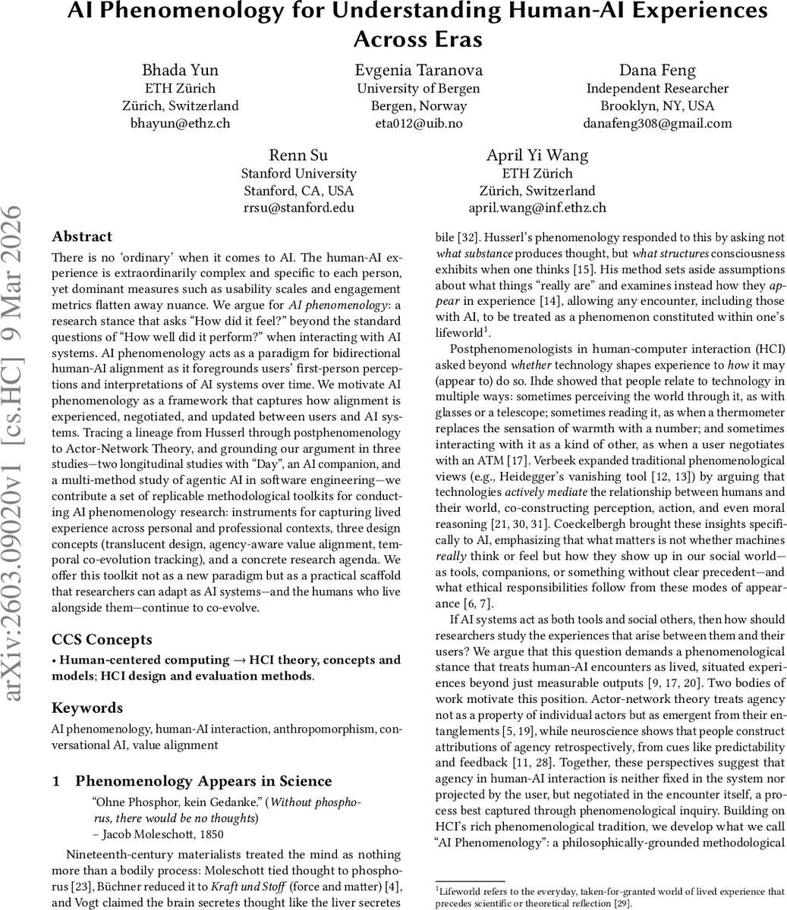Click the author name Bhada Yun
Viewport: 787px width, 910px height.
tap(180, 71)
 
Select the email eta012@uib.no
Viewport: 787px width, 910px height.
tap(418, 123)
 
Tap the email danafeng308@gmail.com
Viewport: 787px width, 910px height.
tap(657, 123)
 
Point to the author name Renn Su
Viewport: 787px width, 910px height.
tap(298, 155)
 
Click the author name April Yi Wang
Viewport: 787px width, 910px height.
tap(537, 155)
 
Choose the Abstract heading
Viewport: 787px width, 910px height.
tap(82, 237)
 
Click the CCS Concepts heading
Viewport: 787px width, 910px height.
tap(102, 639)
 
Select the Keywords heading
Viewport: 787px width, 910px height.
tap(87, 708)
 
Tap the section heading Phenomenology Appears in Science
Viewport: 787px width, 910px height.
tap(203, 781)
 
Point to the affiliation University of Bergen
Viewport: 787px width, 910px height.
tap(418, 88)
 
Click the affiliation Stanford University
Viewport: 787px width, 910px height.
tap(298, 174)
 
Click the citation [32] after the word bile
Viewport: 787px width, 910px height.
tap(462, 236)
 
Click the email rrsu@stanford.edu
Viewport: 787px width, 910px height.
tap(298, 208)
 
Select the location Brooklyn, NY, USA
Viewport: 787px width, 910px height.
tap(657, 105)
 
